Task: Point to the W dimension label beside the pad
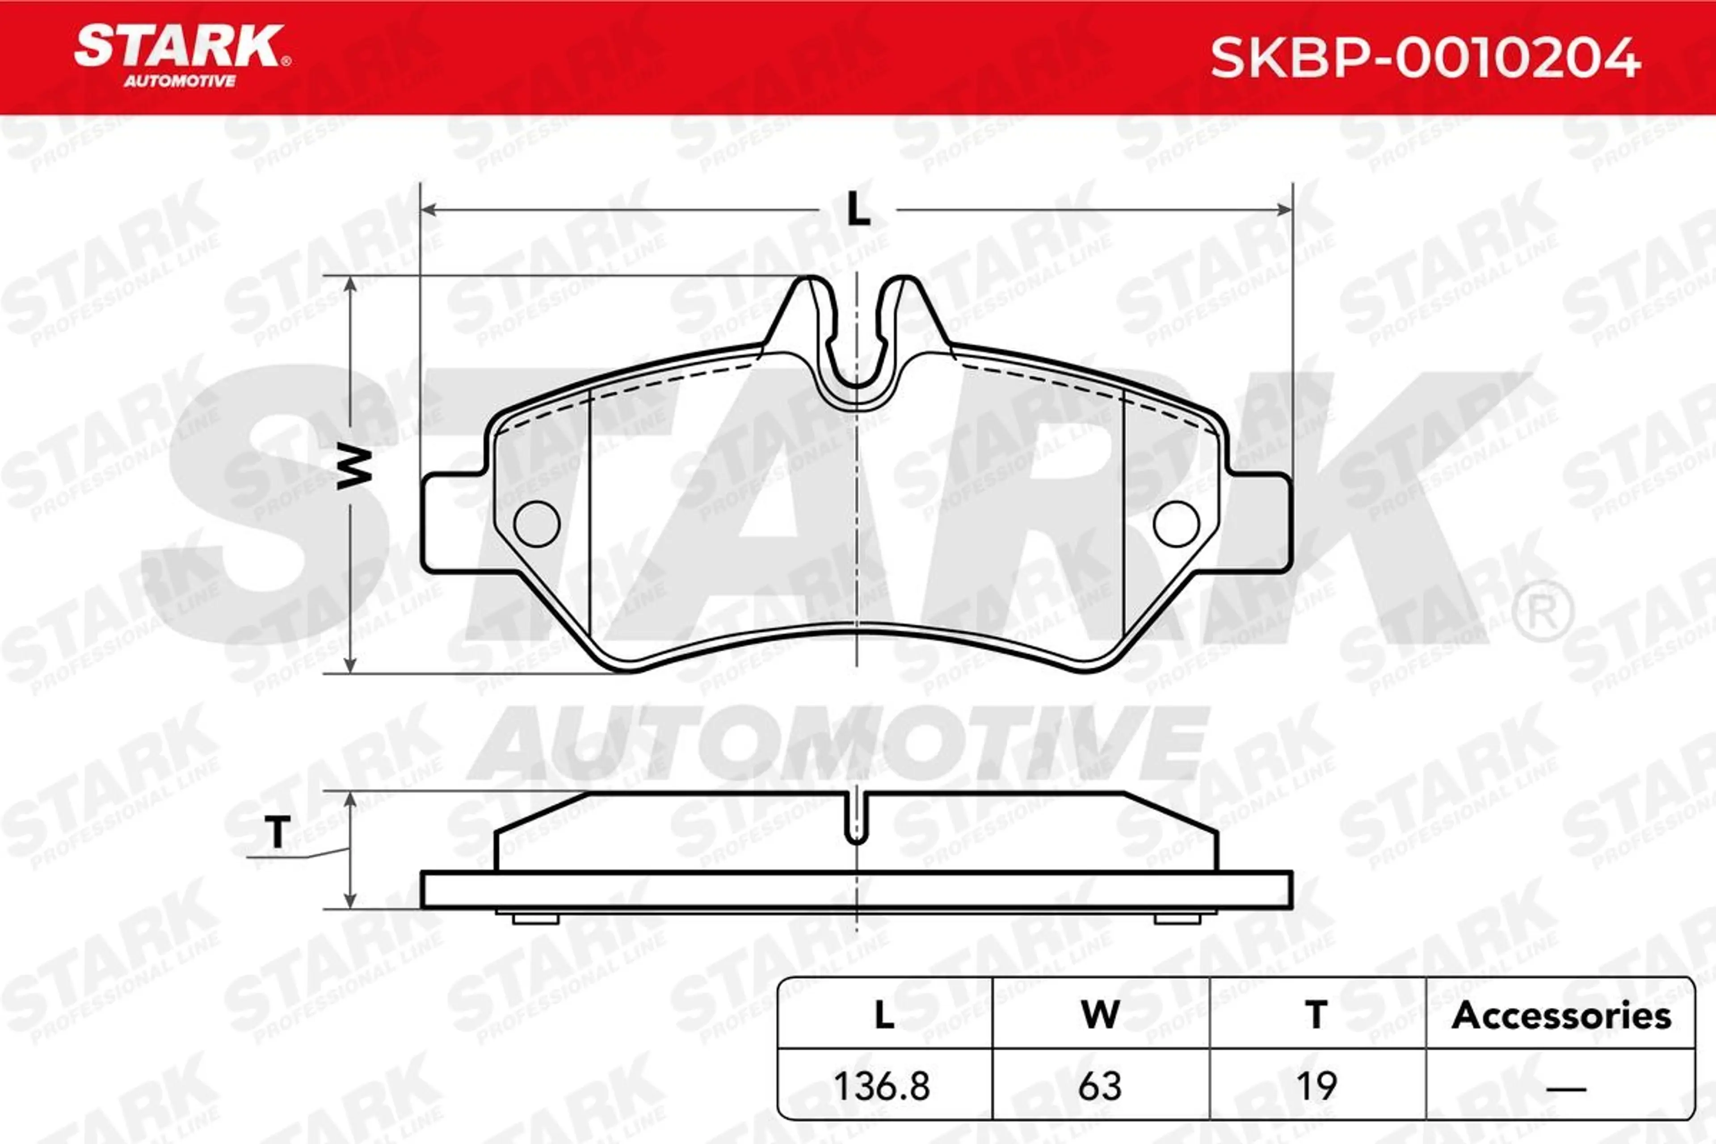[x=354, y=468]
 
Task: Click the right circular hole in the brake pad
[x=1177, y=524]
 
